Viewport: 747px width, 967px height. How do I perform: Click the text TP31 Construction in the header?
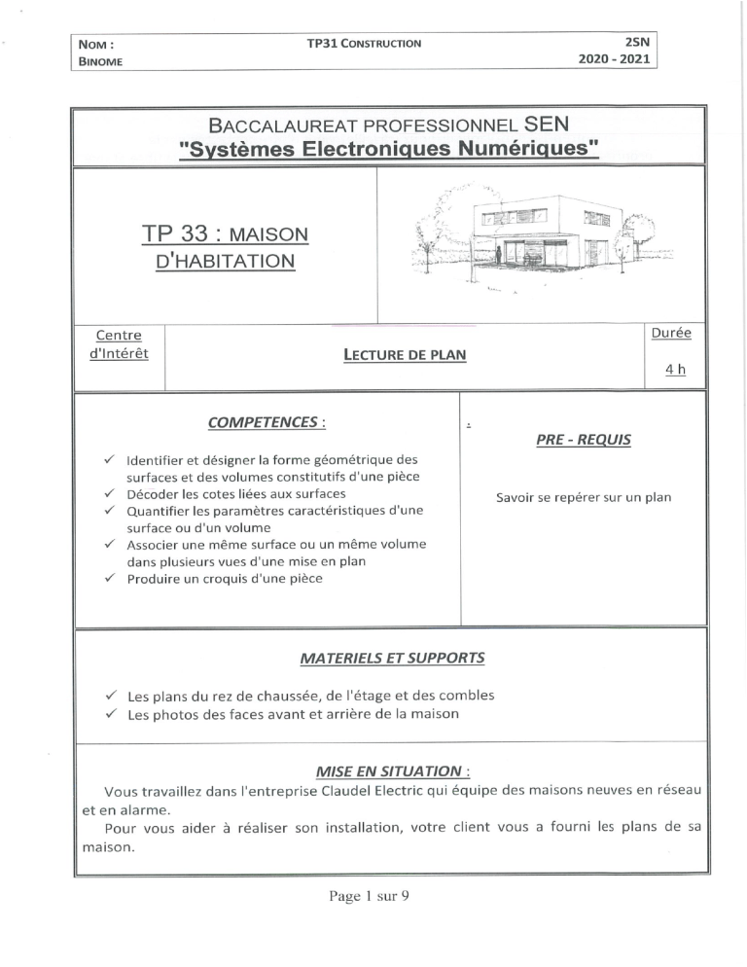point(365,44)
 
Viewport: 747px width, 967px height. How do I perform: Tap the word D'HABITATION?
point(225,261)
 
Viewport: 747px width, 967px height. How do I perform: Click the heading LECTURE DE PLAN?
point(405,355)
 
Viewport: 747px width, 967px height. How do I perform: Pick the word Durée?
point(670,332)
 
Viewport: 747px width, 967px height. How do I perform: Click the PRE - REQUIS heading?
point(583,440)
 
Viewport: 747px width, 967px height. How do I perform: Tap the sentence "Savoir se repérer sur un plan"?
point(584,497)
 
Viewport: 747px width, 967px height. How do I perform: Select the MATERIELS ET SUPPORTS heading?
point(392,658)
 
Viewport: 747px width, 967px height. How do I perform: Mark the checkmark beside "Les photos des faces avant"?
point(110,714)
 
